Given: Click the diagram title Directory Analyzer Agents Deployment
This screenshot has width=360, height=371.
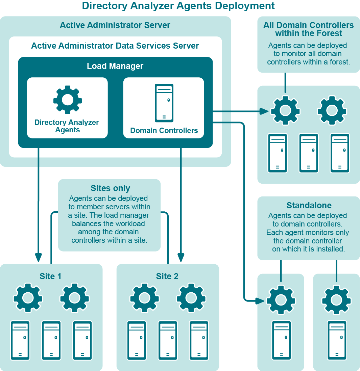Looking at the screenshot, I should coord(178,6).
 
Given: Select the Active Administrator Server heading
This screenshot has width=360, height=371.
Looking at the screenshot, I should coord(115,25).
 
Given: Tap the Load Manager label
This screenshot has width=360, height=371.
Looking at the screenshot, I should coord(115,66).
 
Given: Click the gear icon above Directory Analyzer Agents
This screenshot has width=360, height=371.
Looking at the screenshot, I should coord(68,100).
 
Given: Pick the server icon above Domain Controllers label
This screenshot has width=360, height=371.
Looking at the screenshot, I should coord(164,103).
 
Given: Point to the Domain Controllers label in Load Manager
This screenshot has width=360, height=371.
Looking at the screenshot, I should coord(164,131).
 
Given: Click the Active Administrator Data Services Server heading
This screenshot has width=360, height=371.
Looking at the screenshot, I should coord(115,46).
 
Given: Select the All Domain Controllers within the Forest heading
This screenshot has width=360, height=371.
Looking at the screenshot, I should coord(309,29).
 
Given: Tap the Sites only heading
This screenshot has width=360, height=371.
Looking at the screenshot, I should coord(110,188).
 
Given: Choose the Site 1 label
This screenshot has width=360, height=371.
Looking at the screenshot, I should coord(50,276).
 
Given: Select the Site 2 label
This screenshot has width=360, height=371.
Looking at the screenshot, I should coord(167,276).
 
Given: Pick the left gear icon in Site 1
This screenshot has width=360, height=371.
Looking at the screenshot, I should coord(28,298).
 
